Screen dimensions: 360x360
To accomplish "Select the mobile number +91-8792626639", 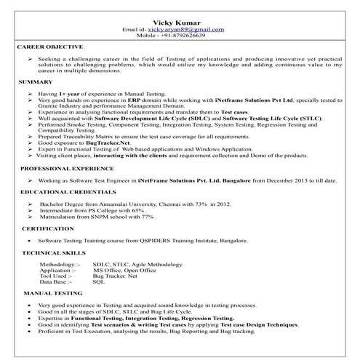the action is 191,35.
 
